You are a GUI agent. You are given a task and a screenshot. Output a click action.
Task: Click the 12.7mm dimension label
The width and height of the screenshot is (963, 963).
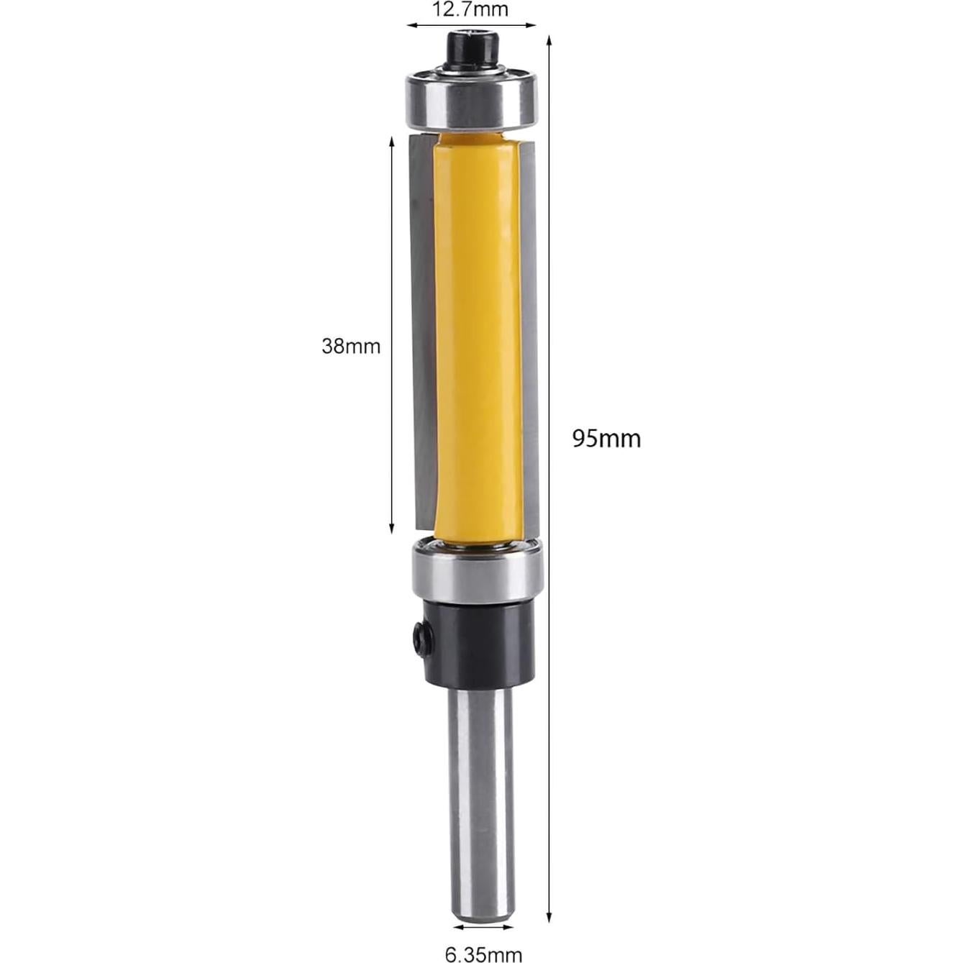(470, 9)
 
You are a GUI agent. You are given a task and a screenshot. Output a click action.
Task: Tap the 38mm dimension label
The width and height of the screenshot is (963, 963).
(350, 347)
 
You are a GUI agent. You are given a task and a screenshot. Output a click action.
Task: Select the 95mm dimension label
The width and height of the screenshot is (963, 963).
(606, 438)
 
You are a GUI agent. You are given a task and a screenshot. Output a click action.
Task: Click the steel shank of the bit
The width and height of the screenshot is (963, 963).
(480, 791)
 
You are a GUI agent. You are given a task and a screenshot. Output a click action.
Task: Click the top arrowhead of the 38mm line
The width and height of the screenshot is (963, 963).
(392, 141)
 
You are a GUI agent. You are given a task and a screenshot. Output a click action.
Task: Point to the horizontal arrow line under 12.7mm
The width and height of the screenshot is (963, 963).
(472, 25)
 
